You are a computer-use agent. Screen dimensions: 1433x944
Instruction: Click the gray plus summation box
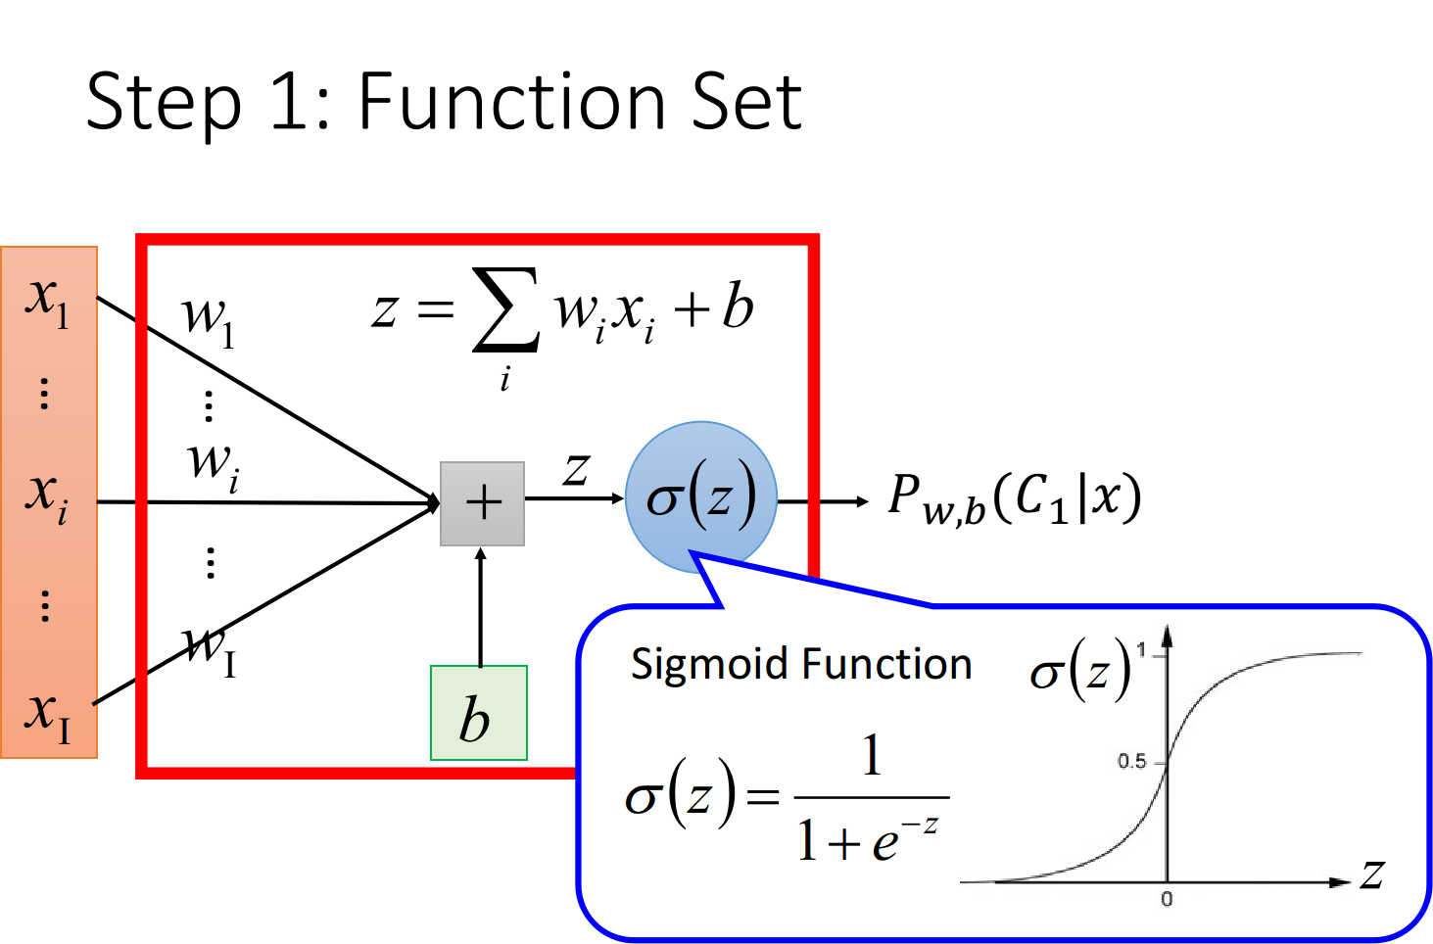[482, 503]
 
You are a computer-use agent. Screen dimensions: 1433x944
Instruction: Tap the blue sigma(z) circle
[701, 496]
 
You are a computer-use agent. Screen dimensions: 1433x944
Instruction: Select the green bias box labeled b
[479, 713]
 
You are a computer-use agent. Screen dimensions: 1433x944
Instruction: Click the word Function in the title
[511, 101]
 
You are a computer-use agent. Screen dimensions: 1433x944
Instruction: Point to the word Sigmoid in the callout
[710, 666]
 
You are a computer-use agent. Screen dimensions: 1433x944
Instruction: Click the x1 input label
[47, 303]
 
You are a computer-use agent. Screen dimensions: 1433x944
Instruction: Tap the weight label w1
[209, 322]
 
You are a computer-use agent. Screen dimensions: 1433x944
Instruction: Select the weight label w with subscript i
[214, 468]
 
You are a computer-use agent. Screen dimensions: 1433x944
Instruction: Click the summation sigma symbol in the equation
[505, 309]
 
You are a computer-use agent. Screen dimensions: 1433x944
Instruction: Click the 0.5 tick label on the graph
[1131, 761]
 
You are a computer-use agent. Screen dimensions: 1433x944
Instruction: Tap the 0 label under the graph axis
[1167, 899]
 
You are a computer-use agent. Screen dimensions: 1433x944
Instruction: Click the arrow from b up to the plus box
[480, 606]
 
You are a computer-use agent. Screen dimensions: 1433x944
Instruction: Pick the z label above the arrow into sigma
[576, 469]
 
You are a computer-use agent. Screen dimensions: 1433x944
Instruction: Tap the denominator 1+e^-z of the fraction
[868, 839]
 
